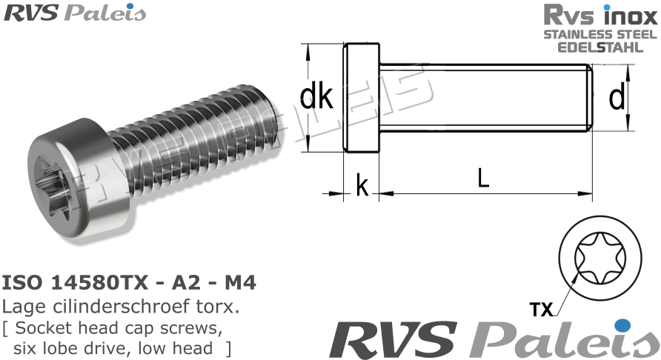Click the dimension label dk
click(x=316, y=98)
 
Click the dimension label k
click(x=362, y=186)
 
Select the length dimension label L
click(x=483, y=179)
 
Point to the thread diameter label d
click(x=616, y=98)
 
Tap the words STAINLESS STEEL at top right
click(x=600, y=35)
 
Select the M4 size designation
click(x=240, y=283)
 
